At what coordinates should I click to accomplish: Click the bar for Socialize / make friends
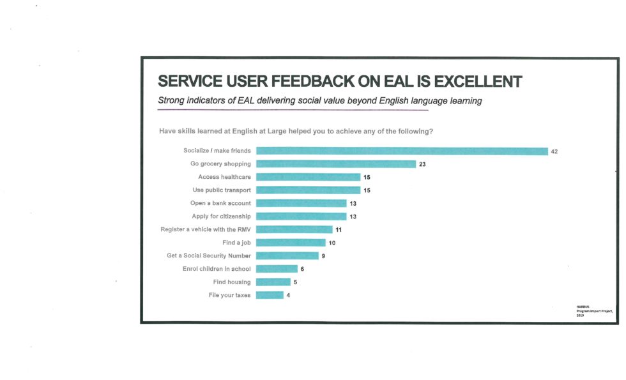pyautogui.click(x=402, y=151)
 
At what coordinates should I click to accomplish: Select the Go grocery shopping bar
pyautogui.click(x=336, y=164)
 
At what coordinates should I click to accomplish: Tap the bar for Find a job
pyautogui.click(x=291, y=243)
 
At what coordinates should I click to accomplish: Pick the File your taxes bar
pyautogui.click(x=270, y=295)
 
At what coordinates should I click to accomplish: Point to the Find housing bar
pyautogui.click(x=273, y=282)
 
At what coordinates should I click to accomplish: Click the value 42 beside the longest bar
pyautogui.click(x=554, y=151)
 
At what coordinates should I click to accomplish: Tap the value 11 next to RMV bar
pyautogui.click(x=339, y=229)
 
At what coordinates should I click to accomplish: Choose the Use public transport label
pyautogui.click(x=222, y=190)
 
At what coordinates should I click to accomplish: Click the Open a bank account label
pyautogui.click(x=220, y=203)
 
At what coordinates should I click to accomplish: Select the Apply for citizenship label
pyautogui.click(x=221, y=217)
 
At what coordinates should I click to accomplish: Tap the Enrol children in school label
pyautogui.click(x=217, y=269)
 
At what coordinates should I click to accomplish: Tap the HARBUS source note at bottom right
pyautogui.click(x=593, y=310)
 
